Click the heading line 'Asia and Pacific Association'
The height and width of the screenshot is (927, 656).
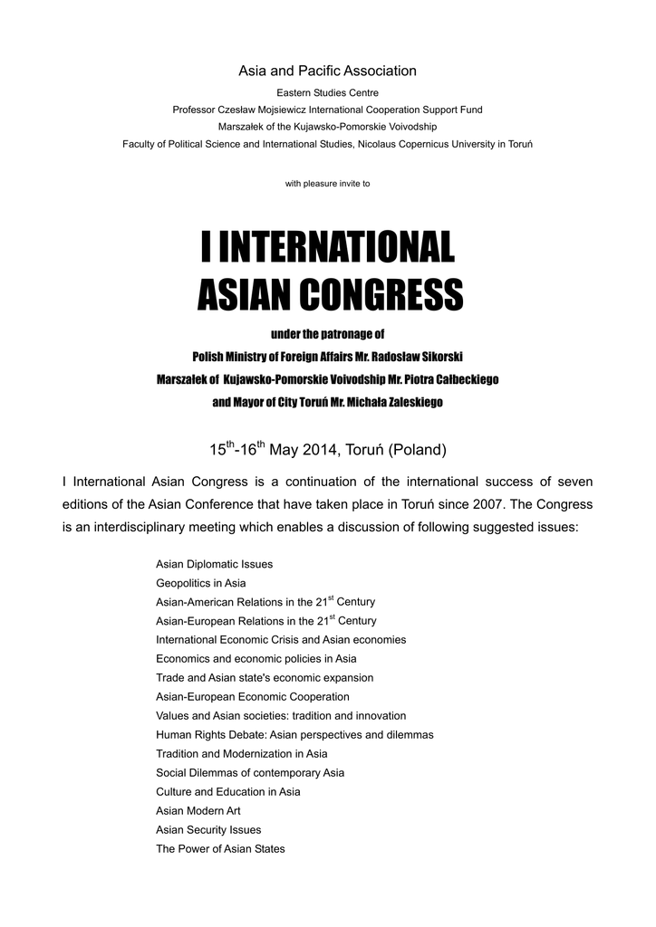[x=327, y=71]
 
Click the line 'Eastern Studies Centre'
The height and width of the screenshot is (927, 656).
[x=327, y=92]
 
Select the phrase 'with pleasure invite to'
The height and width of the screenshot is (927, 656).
[x=327, y=183]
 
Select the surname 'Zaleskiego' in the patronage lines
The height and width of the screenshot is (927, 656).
[x=412, y=401]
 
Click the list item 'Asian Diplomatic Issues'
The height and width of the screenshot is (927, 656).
[x=214, y=564]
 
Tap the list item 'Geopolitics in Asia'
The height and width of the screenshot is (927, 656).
[x=200, y=583]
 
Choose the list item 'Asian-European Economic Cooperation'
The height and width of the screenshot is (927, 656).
[x=252, y=697]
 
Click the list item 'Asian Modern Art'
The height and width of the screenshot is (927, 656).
[x=198, y=811]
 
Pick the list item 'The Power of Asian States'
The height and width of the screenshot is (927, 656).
[x=220, y=849]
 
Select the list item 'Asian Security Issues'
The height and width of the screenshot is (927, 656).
[x=208, y=830]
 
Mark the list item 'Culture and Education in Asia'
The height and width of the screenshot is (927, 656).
[x=227, y=792]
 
